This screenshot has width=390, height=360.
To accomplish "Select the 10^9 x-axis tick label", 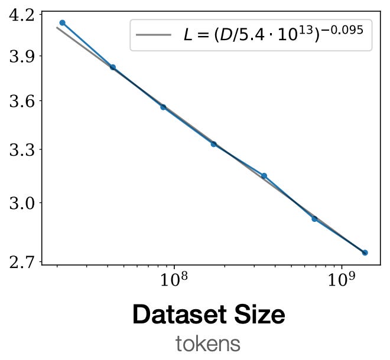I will point(341,280).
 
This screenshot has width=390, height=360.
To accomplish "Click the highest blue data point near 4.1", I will point(62,23).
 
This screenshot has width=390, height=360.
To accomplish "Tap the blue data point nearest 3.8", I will point(113,67).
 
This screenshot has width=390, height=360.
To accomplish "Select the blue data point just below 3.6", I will point(163,107).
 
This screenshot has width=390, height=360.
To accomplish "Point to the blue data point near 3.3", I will point(214,144).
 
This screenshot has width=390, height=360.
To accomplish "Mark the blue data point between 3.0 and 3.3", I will point(264,176).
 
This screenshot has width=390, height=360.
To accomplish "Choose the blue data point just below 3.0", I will point(314,219).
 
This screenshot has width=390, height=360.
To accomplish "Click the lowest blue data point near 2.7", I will point(365,253).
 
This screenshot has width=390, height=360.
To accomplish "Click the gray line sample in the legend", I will point(153,35).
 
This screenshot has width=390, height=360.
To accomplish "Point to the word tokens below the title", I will point(207,343).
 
